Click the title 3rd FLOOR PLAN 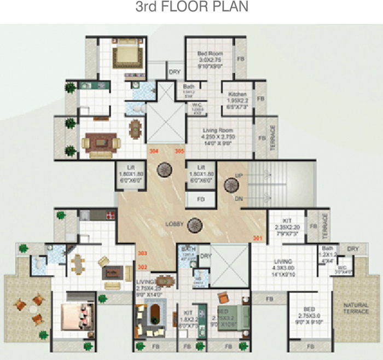pyautogui.click(x=191, y=8)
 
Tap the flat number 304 pyautogui.click(x=154, y=151)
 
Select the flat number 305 pyautogui.click(x=179, y=151)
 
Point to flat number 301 pyautogui.click(x=258, y=237)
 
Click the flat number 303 pyautogui.click(x=143, y=254)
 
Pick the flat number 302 pyautogui.click(x=143, y=267)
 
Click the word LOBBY pyautogui.click(x=175, y=224)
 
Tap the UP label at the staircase pyautogui.click(x=239, y=176)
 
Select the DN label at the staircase pyautogui.click(x=239, y=199)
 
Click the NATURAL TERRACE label pyautogui.click(x=356, y=308)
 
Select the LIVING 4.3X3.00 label pyautogui.click(x=283, y=268)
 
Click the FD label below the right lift pyautogui.click(x=201, y=199)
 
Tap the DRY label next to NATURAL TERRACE pyautogui.click(x=352, y=248)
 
